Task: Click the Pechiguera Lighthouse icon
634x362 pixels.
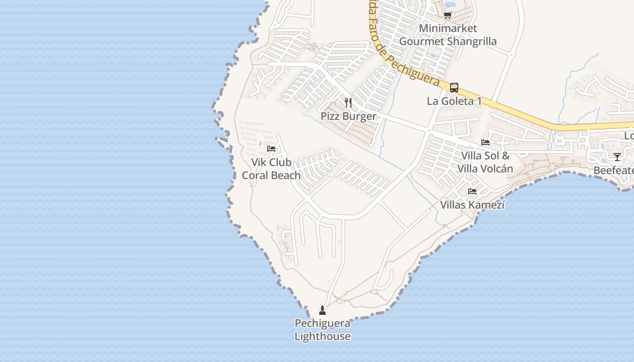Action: click(x=322, y=310)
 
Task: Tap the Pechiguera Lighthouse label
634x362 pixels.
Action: click(x=322, y=330)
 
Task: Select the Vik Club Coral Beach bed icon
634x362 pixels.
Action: click(x=271, y=148)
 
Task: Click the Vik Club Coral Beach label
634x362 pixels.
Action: click(x=271, y=169)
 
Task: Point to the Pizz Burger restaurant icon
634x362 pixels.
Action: click(x=348, y=103)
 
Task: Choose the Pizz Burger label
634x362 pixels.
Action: click(x=348, y=116)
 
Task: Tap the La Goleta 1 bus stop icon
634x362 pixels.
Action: click(x=454, y=88)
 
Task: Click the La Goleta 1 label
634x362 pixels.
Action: click(x=454, y=101)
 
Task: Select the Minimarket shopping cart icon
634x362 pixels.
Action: click(x=448, y=15)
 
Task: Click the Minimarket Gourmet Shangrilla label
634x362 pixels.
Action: click(x=448, y=35)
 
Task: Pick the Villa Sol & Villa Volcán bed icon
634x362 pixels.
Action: click(x=485, y=143)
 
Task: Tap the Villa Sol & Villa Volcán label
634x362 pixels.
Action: click(x=485, y=162)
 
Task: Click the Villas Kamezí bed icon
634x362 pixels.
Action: click(x=472, y=191)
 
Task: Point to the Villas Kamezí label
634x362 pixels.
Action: click(x=472, y=205)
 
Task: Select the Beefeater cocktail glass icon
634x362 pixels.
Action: click(x=617, y=157)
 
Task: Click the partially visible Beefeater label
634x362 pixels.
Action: click(x=614, y=171)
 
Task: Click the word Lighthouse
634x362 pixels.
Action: click(x=322, y=337)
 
